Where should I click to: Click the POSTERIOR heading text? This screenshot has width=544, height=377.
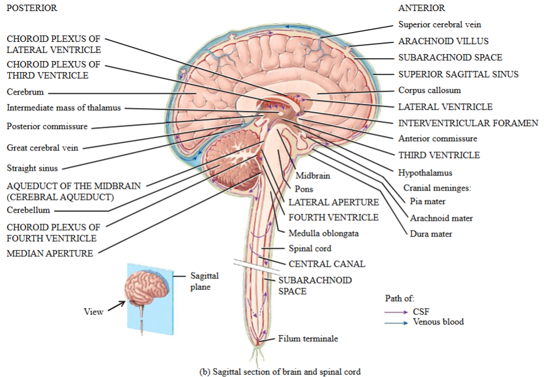tap(32, 8)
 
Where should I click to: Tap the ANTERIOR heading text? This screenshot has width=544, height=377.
tap(421, 8)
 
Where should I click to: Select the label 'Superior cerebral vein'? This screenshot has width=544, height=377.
tap(439, 24)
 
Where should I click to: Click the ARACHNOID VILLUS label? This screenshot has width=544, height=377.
tap(443, 41)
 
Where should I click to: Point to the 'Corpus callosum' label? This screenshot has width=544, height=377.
tap(429, 90)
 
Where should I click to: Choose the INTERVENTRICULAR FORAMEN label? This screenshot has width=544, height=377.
tap(468, 123)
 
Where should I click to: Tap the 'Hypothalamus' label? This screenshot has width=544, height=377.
tap(425, 173)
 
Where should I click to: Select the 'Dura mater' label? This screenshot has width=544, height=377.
tap(431, 234)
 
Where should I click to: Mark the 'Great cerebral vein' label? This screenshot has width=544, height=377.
tap(42, 148)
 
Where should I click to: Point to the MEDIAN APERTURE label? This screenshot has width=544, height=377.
tap(49, 253)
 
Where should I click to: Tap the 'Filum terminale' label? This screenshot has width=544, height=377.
tap(307, 338)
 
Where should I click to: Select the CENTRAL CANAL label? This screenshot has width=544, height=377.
tap(327, 264)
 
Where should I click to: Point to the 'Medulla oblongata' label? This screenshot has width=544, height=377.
tap(323, 234)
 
